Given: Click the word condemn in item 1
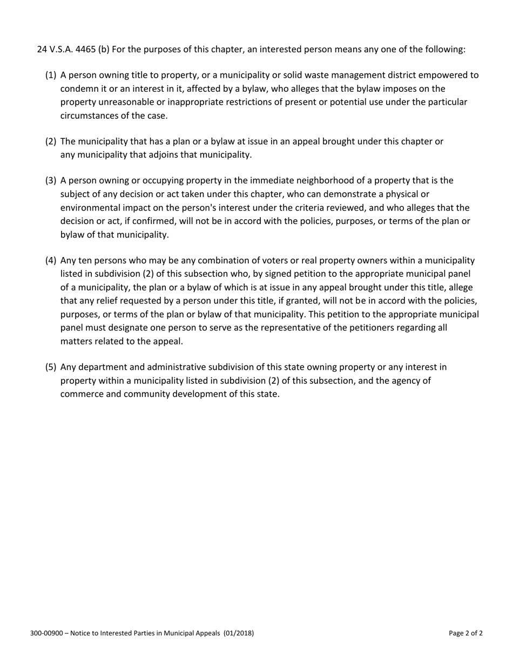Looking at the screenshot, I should tap(78, 89).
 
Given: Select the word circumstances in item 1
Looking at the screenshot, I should tap(88, 116).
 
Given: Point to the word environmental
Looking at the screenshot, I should tap(89, 208).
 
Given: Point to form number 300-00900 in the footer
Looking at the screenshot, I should tap(47, 633).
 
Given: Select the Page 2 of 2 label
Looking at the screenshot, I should tap(465, 633).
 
